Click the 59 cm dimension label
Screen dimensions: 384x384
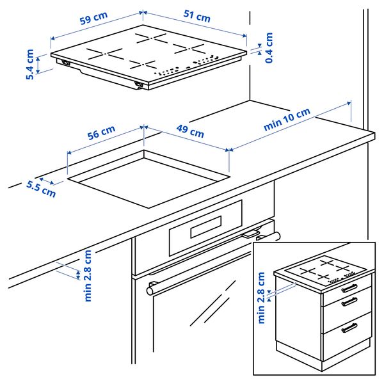93,20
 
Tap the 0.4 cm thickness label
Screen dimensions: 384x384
269,47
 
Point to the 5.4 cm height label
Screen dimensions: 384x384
30,65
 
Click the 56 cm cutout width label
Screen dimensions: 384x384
101,134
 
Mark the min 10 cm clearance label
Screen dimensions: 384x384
287,120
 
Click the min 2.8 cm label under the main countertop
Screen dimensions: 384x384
88,275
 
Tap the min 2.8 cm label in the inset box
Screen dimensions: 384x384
261,298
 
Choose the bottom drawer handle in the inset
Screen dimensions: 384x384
349,328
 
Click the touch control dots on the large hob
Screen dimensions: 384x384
186,67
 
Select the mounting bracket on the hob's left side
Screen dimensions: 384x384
65,62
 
